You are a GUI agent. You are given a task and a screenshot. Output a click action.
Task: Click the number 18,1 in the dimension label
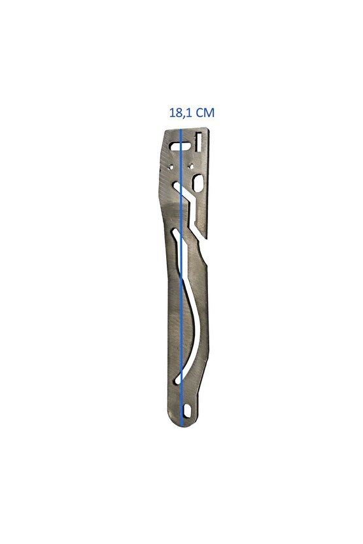click(181, 112)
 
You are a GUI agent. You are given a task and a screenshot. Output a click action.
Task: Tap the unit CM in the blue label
click(205, 112)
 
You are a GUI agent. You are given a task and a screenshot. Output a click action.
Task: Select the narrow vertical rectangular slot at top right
click(199, 142)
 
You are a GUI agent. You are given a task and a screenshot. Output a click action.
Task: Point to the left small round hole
click(170, 165)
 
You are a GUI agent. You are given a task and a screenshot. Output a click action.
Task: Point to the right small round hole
click(190, 165)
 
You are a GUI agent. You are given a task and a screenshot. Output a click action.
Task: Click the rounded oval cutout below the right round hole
click(198, 182)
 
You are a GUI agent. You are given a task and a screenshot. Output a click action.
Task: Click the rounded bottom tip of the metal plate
click(183, 426)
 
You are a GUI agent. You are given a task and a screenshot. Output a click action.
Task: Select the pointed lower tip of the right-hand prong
click(207, 239)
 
